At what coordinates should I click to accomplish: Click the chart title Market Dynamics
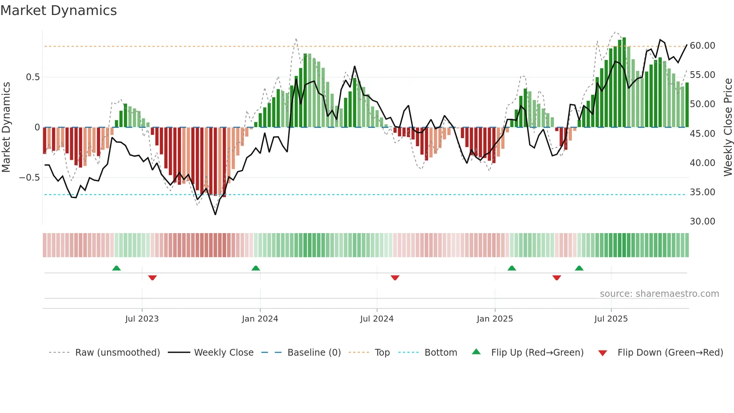click(x=58, y=10)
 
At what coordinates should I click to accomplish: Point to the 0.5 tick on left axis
click(x=33, y=77)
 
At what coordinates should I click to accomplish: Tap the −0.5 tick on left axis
click(x=29, y=177)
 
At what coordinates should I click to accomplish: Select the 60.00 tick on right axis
click(x=702, y=46)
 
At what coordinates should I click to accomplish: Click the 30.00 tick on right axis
click(x=702, y=221)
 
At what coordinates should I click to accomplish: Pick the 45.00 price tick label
click(x=702, y=134)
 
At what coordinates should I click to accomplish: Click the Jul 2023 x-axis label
click(x=142, y=319)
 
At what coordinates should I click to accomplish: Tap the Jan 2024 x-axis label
click(x=260, y=319)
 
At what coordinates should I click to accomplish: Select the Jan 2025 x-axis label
click(x=495, y=319)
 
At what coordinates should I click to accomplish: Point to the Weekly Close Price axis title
click(x=728, y=127)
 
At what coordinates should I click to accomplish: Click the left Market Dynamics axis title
click(x=6, y=127)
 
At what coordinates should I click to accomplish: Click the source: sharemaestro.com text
click(x=659, y=294)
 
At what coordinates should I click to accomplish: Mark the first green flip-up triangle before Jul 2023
click(x=116, y=268)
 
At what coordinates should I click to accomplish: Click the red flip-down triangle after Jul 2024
click(x=395, y=278)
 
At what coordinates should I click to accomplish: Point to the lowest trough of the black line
click(x=215, y=214)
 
